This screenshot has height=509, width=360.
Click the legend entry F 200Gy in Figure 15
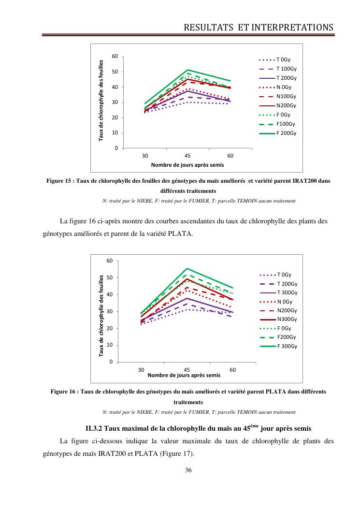tap(286, 133)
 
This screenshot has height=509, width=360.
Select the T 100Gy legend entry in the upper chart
tap(286, 69)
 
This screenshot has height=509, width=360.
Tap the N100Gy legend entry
tap(286, 96)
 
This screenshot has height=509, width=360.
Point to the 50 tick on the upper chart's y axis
tap(115, 72)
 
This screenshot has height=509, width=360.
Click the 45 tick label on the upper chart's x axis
tap(187, 155)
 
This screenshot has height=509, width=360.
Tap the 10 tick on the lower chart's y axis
tap(110, 345)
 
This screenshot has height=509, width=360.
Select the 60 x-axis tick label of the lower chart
tap(232, 370)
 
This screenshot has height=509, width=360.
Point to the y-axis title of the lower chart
tap(102, 316)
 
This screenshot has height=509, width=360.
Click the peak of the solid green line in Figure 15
tap(187, 70)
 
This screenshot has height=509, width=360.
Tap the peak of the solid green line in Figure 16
tap(187, 268)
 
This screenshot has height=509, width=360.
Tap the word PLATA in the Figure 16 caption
tap(276, 391)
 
